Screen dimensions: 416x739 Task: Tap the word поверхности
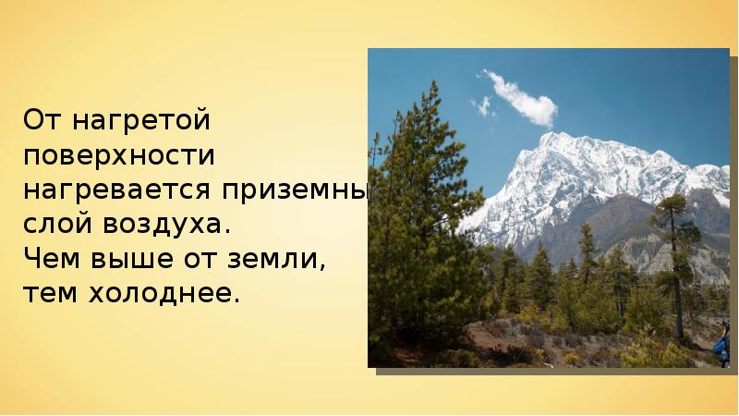[120, 155]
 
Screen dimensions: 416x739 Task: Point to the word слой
[59, 225]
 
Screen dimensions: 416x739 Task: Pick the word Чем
[54, 260]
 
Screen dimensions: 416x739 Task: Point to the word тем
[53, 295]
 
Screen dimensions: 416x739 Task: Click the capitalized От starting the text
[43, 120]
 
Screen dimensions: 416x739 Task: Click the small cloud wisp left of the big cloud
[482, 105]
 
